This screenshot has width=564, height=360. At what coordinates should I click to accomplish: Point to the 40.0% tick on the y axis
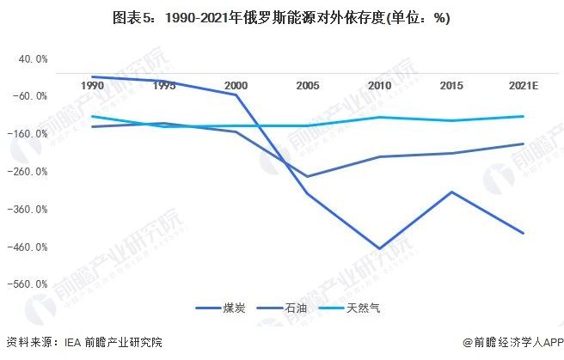(32, 58)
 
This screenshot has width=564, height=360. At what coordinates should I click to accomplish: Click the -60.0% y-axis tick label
(31, 96)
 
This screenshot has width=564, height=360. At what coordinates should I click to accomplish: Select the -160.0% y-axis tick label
(29, 134)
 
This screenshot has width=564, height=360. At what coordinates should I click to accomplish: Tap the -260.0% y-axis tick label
(29, 172)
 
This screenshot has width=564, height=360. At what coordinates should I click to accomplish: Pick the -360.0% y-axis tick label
(29, 210)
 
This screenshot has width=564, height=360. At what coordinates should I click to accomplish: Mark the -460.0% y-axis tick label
(29, 247)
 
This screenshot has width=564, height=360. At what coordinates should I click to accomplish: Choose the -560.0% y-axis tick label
(29, 284)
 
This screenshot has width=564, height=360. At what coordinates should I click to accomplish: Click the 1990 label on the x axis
(92, 86)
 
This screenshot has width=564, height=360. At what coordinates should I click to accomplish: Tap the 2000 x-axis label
(236, 86)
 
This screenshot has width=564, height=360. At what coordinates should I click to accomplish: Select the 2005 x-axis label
(308, 86)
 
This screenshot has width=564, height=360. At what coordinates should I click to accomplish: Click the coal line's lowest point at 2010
(379, 249)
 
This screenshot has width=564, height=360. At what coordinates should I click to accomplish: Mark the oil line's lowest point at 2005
(308, 177)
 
